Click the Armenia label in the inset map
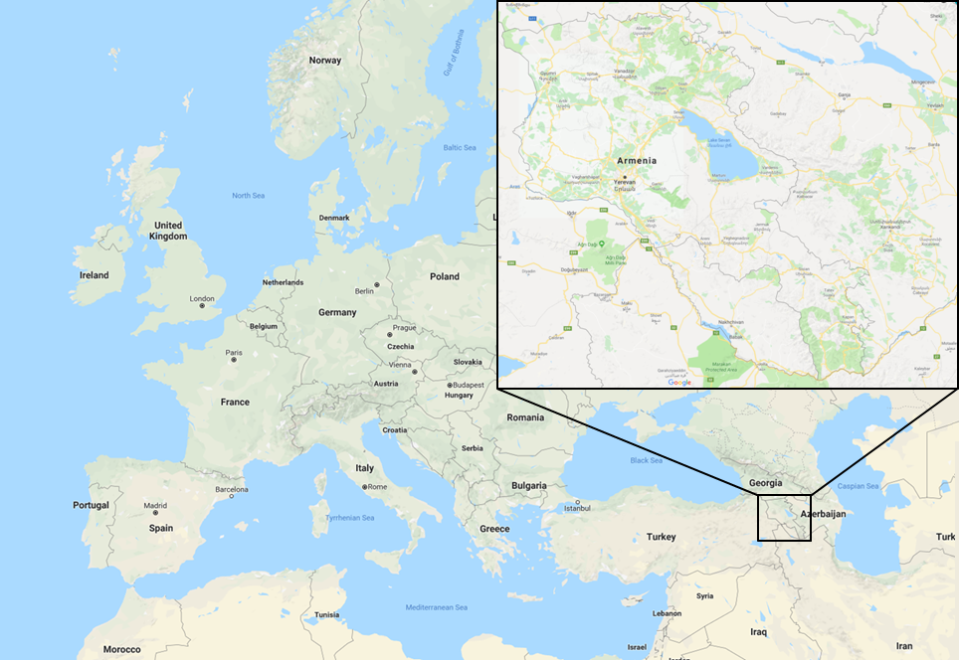pyautogui.click(x=637, y=160)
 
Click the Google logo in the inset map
pyautogui.click(x=679, y=382)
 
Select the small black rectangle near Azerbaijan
pyautogui.click(x=784, y=517)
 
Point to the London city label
pyautogui.click(x=202, y=298)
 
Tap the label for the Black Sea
pyautogui.click(x=646, y=460)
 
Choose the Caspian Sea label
pyautogui.click(x=858, y=486)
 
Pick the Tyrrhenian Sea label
pyautogui.click(x=351, y=518)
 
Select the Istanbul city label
pyautogui.click(x=577, y=508)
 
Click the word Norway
pyautogui.click(x=324, y=61)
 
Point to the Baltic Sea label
pyautogui.click(x=460, y=148)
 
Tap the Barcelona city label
pyautogui.click(x=231, y=489)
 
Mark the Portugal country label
pyautogui.click(x=91, y=505)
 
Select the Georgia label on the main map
pyautogui.click(x=765, y=483)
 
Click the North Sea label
pyautogui.click(x=248, y=196)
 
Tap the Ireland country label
pyautogui.click(x=95, y=275)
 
